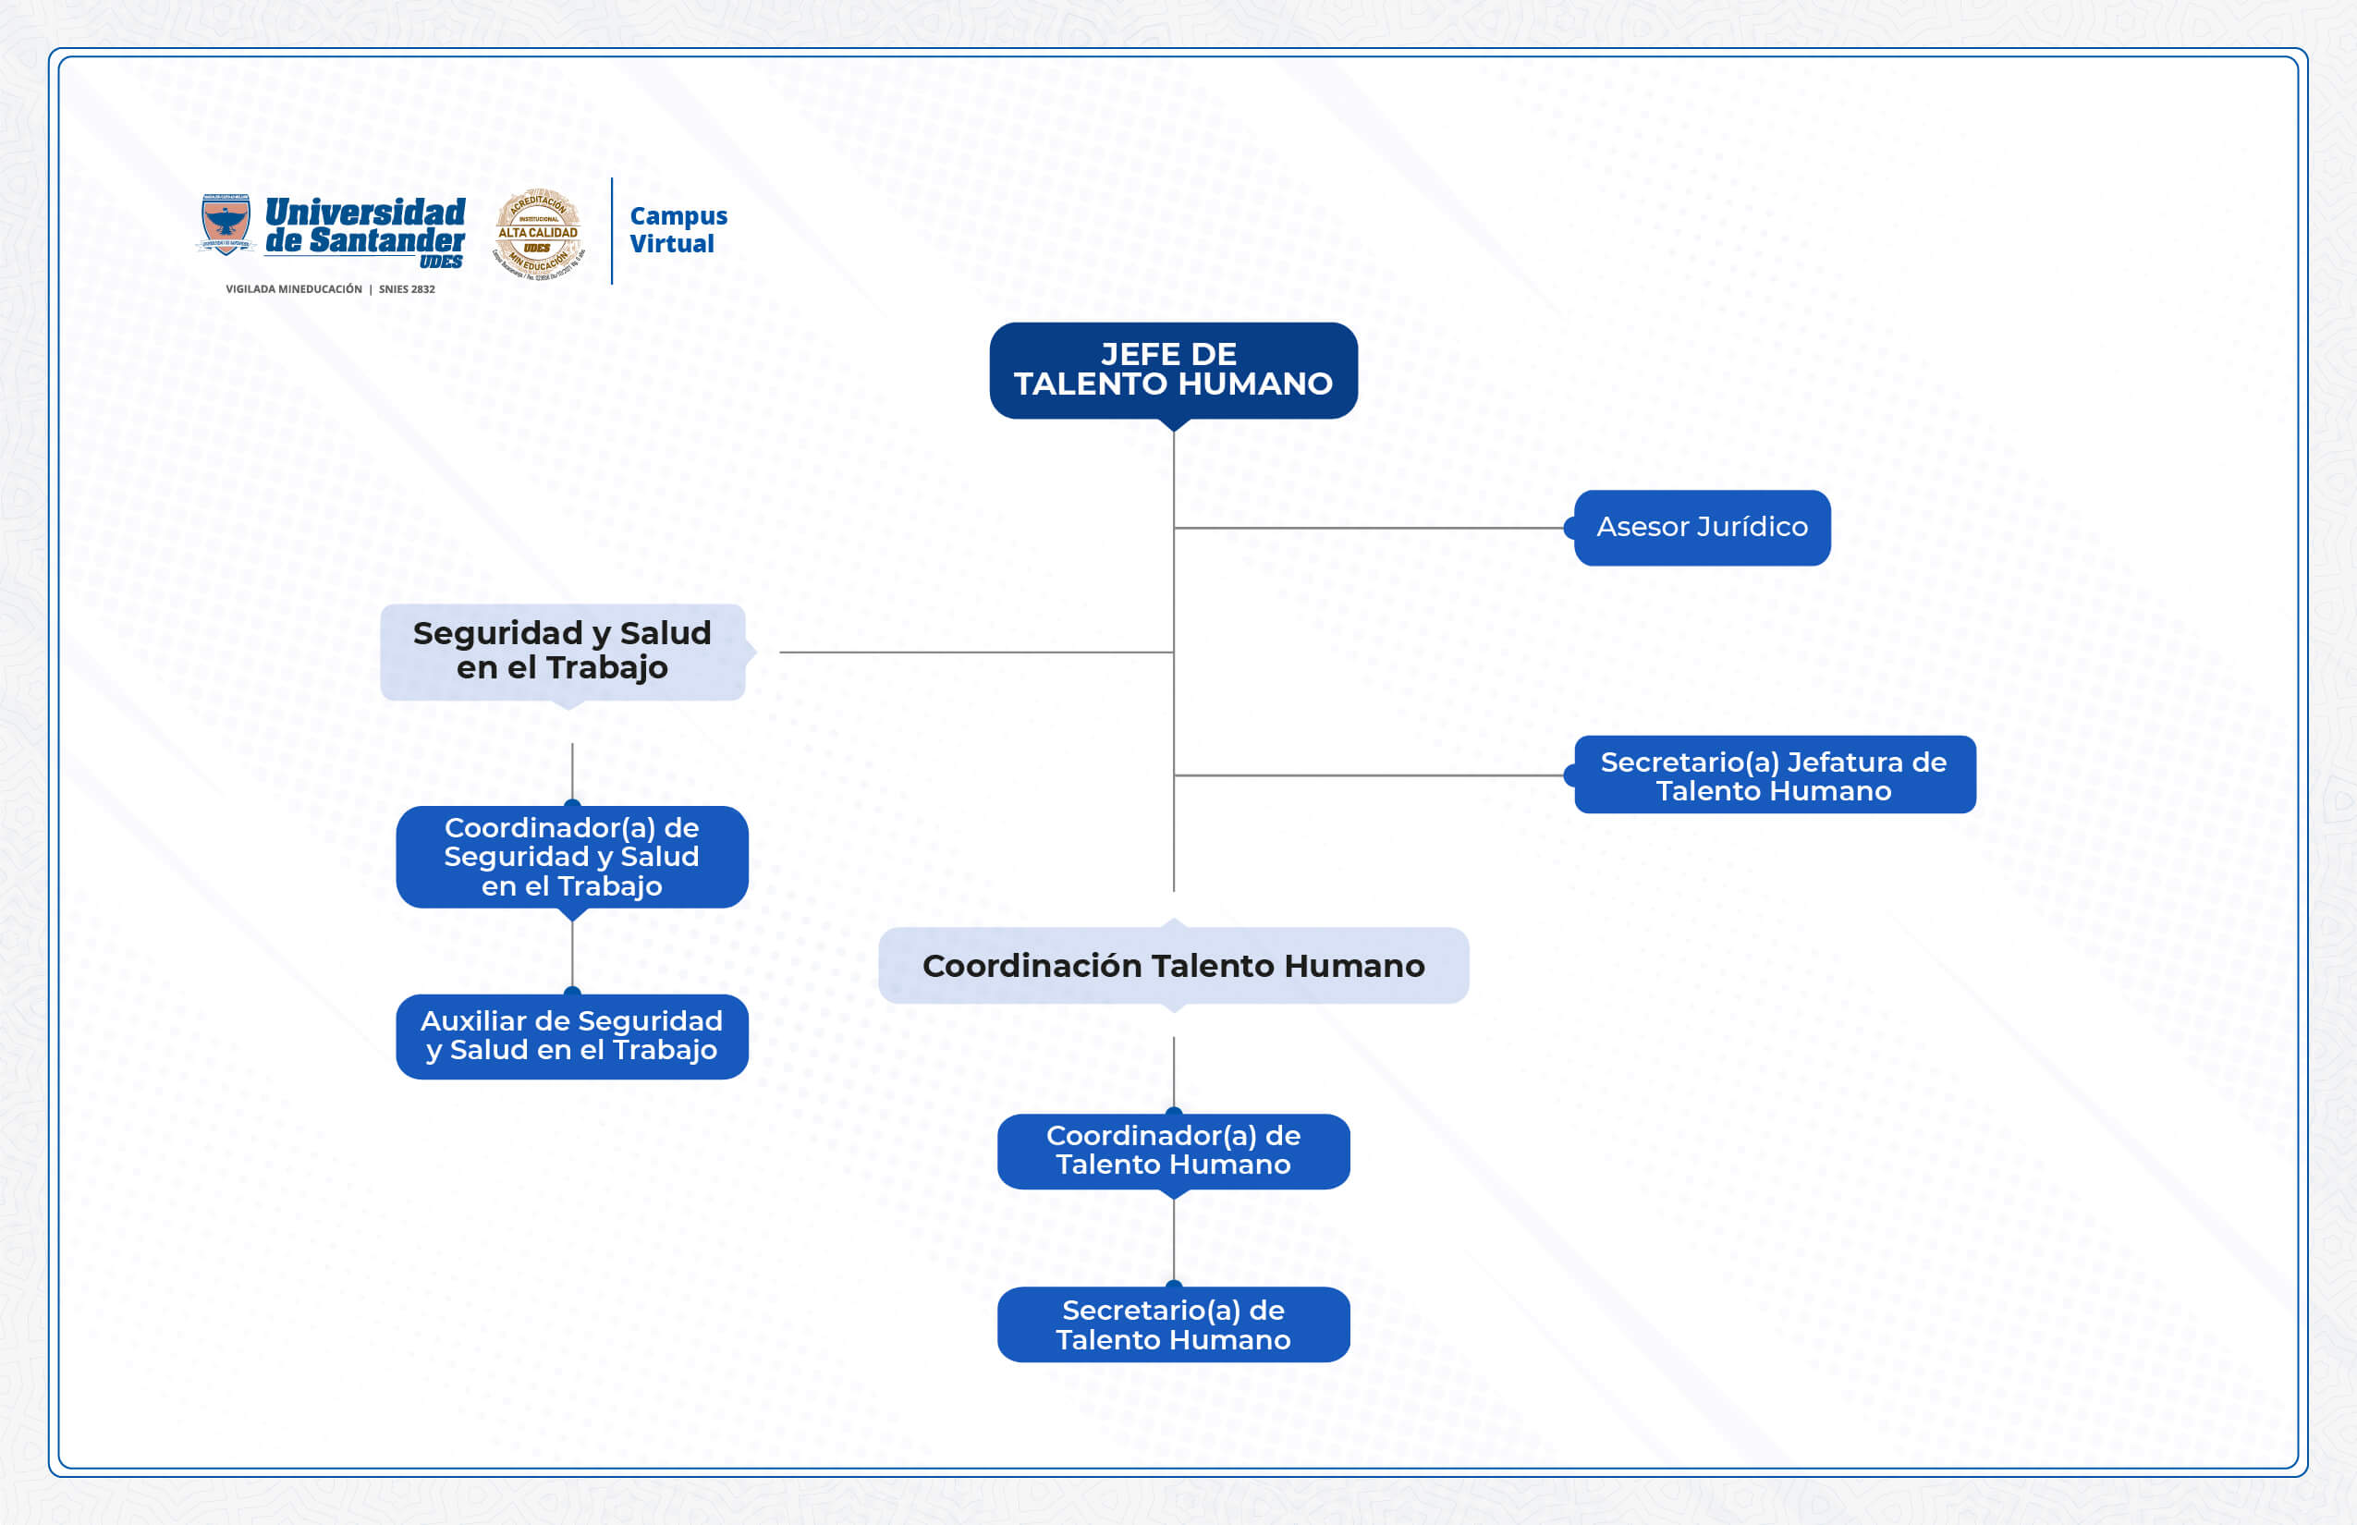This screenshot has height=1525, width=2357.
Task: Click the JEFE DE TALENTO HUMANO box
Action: click(1173, 371)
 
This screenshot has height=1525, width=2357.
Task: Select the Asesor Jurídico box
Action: click(1702, 528)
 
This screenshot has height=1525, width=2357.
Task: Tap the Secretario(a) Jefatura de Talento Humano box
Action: click(1774, 775)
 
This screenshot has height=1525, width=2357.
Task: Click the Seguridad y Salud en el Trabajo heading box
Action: click(562, 652)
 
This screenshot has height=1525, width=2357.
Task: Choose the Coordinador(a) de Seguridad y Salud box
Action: click(571, 857)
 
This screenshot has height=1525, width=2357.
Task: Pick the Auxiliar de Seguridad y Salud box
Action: click(571, 1036)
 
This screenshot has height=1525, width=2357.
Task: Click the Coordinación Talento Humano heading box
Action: click(1173, 966)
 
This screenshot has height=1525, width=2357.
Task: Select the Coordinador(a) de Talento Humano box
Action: click(1173, 1151)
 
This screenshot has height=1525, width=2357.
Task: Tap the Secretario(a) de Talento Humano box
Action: click(1173, 1325)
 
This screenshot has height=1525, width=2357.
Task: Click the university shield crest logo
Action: click(226, 225)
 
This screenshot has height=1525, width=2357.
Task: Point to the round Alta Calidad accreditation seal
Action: click(538, 234)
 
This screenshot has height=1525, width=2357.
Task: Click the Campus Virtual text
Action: click(678, 230)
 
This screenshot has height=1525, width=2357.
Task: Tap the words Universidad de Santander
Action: click(364, 226)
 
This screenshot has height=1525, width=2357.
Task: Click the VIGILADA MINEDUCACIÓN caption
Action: click(293, 289)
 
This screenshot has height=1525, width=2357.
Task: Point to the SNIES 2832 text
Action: click(406, 289)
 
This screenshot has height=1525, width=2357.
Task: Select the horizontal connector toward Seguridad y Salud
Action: click(975, 652)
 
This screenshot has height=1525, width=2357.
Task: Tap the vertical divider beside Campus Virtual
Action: click(612, 231)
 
